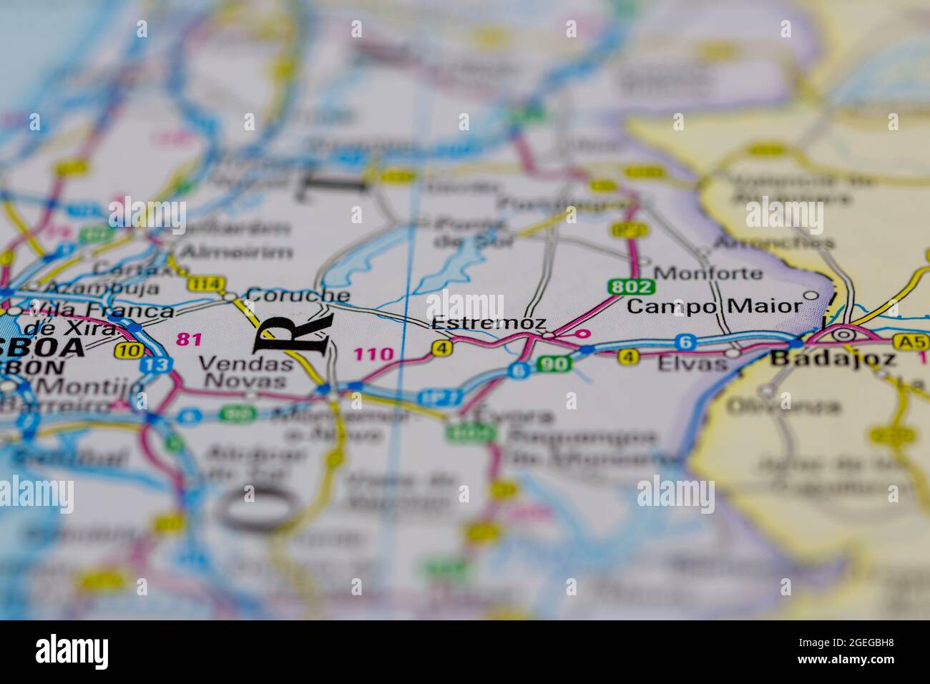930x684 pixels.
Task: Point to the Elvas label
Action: point(691,363)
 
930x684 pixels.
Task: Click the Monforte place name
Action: point(708,273)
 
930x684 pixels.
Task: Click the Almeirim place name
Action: point(236,252)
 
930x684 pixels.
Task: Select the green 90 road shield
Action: point(554,363)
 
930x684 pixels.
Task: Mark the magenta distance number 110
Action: point(373,353)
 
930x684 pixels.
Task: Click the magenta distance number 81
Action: point(189,339)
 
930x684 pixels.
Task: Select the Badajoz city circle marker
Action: point(843,333)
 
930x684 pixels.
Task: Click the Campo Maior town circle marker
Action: point(811,295)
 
